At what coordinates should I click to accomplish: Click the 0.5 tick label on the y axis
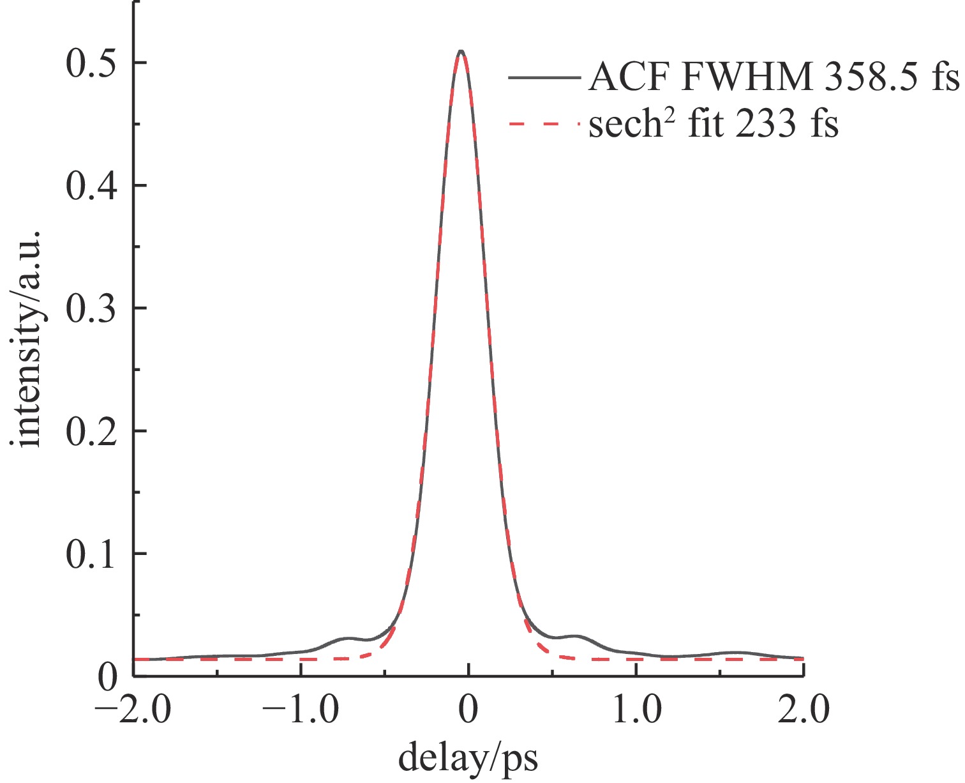pyautogui.click(x=93, y=63)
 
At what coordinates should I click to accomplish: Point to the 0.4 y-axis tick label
pyautogui.click(x=93, y=186)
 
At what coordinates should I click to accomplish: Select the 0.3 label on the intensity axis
pyautogui.click(x=93, y=308)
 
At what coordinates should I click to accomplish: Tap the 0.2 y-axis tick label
pyautogui.click(x=93, y=431)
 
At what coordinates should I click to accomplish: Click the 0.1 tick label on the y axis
pyautogui.click(x=93, y=554)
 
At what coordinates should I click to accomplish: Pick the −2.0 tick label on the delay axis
pyautogui.click(x=133, y=710)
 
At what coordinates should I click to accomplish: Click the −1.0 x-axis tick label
pyautogui.click(x=301, y=710)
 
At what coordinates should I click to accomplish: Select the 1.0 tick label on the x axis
pyautogui.click(x=636, y=710)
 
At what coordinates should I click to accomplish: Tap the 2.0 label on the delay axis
pyautogui.click(x=804, y=710)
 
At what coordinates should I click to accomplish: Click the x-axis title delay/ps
pyautogui.click(x=468, y=758)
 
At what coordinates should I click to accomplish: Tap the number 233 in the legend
pyautogui.click(x=765, y=123)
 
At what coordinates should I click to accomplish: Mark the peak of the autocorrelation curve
pyautogui.click(x=461, y=51)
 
